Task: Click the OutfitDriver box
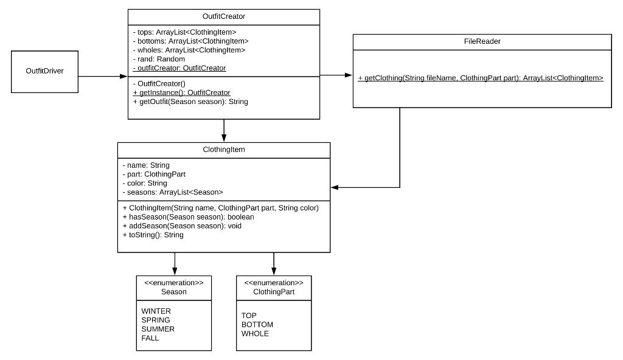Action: point(44,71)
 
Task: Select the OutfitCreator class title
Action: point(224,16)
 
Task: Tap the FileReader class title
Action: point(482,41)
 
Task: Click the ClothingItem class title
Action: point(224,150)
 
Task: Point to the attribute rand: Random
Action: point(159,59)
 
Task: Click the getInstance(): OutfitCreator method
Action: point(181,92)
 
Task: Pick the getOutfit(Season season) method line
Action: point(190,102)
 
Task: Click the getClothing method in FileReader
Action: point(481,78)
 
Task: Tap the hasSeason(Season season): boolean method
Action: point(188,216)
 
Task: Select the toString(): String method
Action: point(153,235)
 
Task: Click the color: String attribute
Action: point(145,183)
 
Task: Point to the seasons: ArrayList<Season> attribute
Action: point(173,192)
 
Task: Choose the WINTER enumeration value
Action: point(156,311)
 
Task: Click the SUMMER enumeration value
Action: point(158,329)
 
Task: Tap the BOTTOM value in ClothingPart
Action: point(257,325)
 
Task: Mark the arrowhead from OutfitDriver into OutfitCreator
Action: point(124,77)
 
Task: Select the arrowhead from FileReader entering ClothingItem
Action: point(335,187)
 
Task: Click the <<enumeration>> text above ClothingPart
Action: point(274,283)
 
